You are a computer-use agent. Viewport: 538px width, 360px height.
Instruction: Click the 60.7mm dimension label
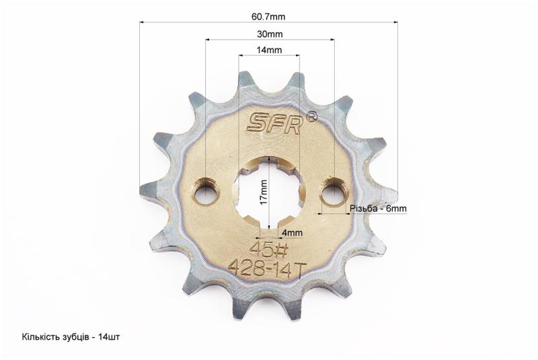click(268, 16)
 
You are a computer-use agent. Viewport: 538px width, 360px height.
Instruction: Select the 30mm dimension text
click(270, 34)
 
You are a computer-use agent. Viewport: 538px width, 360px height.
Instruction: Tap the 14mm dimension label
click(270, 50)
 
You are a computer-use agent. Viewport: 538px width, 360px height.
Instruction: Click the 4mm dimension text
click(292, 233)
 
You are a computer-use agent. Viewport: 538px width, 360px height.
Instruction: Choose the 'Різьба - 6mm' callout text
click(378, 209)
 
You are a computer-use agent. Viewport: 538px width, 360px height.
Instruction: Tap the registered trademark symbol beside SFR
click(311, 116)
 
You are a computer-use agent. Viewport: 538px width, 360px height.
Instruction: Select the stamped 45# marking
click(269, 250)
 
